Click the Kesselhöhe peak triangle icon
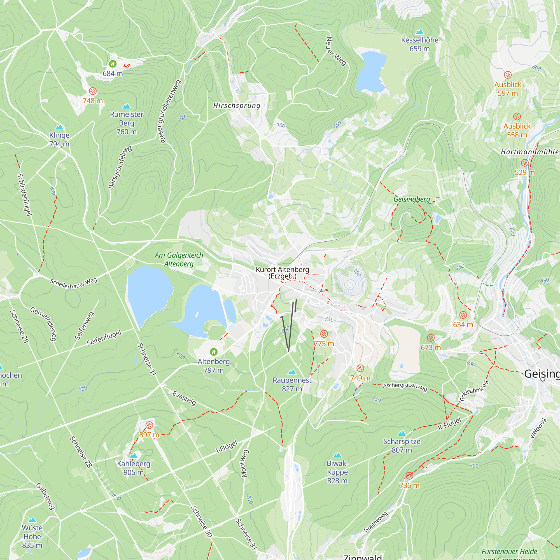(419, 32)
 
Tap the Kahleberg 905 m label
(134, 468)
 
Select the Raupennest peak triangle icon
(292, 372)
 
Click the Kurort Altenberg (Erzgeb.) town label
(282, 273)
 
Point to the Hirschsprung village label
(237, 106)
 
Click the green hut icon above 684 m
(113, 64)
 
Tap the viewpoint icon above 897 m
(149, 425)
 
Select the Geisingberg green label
(412, 199)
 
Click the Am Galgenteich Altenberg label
(179, 260)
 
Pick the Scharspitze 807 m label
(402, 446)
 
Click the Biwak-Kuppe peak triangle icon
(337, 455)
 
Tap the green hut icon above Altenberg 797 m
(214, 352)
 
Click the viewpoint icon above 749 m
(360, 368)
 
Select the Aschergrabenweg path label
(405, 386)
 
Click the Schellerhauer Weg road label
(74, 283)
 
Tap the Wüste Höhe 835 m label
(32, 536)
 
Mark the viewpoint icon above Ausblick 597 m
(508, 75)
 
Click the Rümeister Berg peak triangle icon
(126, 106)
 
